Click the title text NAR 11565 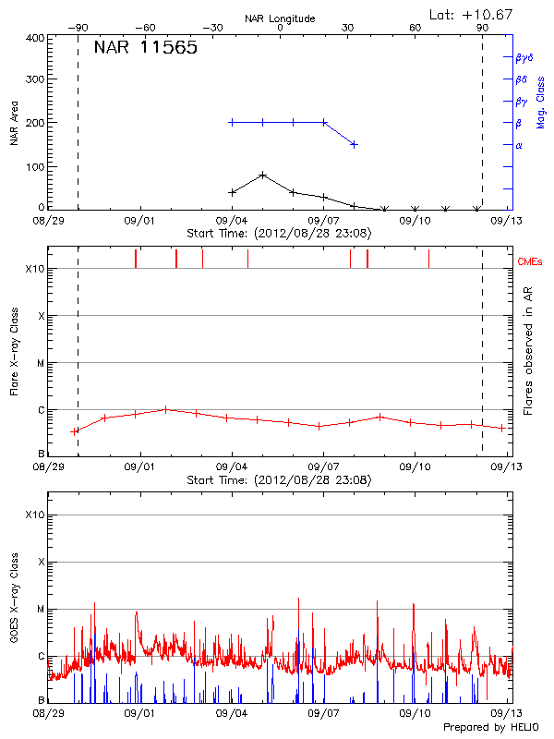coord(145,49)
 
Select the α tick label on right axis coord(518,145)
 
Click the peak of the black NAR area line coord(263,175)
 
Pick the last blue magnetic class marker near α coord(354,144)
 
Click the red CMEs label coord(529,262)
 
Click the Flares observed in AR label coord(528,355)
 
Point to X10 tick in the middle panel coord(34,269)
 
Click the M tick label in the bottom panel coord(40,609)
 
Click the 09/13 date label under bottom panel coord(502,713)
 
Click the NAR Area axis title coord(14,122)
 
